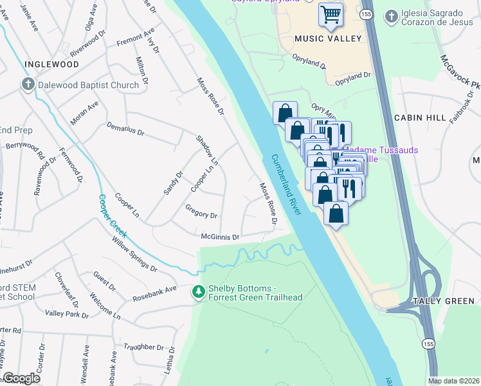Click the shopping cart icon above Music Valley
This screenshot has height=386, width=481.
pyautogui.click(x=331, y=14)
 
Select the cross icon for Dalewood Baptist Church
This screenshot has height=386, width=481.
pyautogui.click(x=28, y=85)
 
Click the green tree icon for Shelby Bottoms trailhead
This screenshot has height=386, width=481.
pyautogui.click(x=199, y=292)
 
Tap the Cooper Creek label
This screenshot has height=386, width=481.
pyautogui.click(x=113, y=217)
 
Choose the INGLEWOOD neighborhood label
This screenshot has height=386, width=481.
pyautogui.click(x=51, y=65)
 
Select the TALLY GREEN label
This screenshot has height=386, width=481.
pyautogui.click(x=443, y=301)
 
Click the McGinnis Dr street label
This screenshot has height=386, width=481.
pyautogui.click(x=220, y=237)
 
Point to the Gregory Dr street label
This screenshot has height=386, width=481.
pyautogui.click(x=201, y=214)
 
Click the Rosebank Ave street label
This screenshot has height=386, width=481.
pyautogui.click(x=154, y=289)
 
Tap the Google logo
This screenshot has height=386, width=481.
pyautogui.click(x=21, y=378)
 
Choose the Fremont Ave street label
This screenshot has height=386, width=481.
pyautogui.click(x=136, y=38)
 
